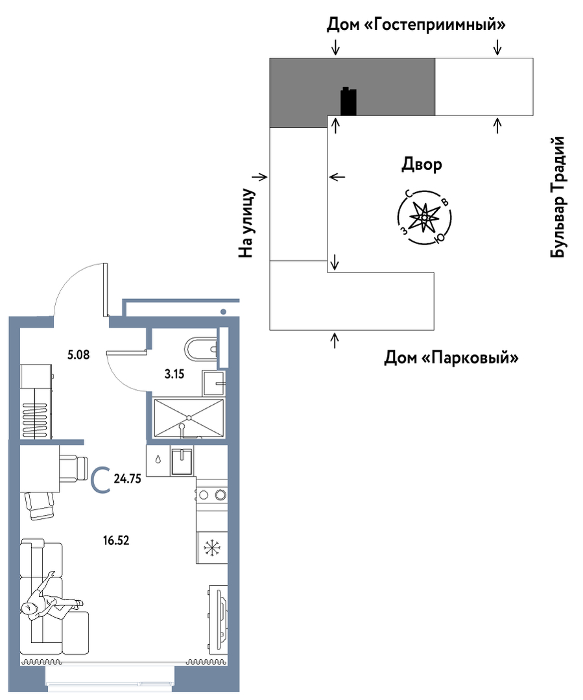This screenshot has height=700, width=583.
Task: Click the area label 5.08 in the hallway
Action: pyautogui.click(x=78, y=355)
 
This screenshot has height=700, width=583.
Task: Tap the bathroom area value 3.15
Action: pyautogui.click(x=174, y=374)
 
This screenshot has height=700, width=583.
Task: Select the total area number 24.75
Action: pyautogui.click(x=127, y=479)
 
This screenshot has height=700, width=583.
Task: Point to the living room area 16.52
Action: pyautogui.click(x=116, y=540)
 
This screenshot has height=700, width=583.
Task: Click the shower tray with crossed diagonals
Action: pyautogui.click(x=189, y=417)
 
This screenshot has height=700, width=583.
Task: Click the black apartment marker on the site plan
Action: pyautogui.click(x=348, y=102)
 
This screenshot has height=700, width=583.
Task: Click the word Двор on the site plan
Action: pyautogui.click(x=422, y=165)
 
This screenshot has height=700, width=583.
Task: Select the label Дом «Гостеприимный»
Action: pyautogui.click(x=416, y=25)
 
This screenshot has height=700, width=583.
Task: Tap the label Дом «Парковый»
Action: pyautogui.click(x=451, y=357)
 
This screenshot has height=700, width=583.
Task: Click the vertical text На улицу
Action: pyautogui.click(x=246, y=223)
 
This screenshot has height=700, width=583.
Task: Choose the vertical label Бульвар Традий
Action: pyautogui.click(x=558, y=197)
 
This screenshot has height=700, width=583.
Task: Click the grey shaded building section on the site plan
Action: pyautogui.click(x=352, y=86)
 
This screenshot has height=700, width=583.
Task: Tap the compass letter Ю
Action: pyautogui.click(x=439, y=239)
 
